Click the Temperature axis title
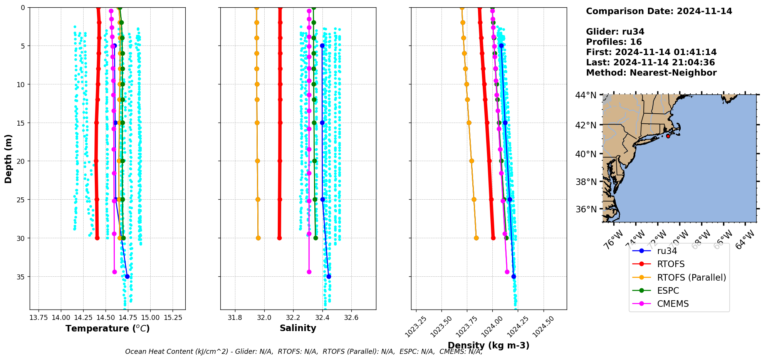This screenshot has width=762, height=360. click(x=107, y=329)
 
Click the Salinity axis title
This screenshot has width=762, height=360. click(x=298, y=328)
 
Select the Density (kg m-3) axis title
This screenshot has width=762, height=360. click(x=488, y=345)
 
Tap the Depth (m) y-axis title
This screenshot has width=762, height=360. click(x=8, y=159)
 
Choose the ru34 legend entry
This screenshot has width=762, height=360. click(x=667, y=251)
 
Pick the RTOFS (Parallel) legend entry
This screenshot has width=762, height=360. click(x=691, y=278)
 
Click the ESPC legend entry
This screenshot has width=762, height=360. click(x=668, y=291)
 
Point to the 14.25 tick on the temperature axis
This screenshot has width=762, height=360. click(x=83, y=318)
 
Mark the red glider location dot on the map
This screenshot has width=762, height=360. click(x=668, y=136)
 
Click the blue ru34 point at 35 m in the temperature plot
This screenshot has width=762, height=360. click(x=127, y=276)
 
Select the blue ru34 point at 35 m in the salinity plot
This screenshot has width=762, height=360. click(x=329, y=276)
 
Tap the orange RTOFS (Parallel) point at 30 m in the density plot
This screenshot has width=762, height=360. click(x=476, y=238)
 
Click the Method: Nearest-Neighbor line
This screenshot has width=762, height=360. click(x=651, y=73)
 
